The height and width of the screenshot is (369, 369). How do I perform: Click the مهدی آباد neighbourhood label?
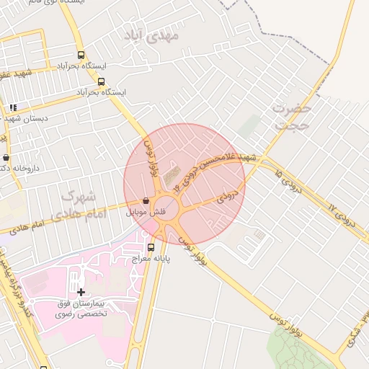point(155,35)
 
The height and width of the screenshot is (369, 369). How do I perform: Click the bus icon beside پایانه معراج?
point(151,248)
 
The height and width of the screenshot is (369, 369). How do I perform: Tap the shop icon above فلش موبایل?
point(147,201)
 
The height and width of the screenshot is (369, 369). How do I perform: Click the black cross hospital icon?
point(81,292)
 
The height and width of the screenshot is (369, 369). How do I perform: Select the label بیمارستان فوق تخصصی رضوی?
point(81,308)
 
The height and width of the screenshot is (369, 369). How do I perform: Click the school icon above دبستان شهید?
point(13,107)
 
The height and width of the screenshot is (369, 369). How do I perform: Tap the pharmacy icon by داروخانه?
point(6,157)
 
